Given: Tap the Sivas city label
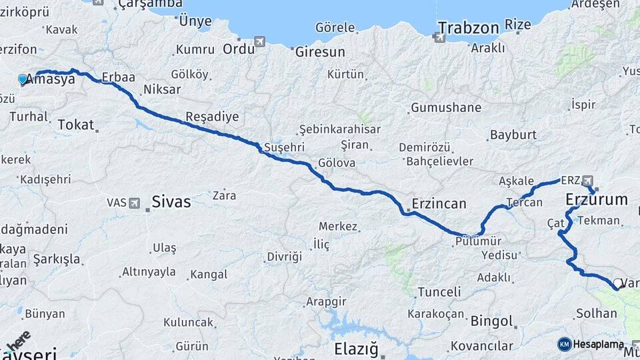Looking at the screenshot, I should (171, 201).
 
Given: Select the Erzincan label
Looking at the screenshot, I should (439, 204).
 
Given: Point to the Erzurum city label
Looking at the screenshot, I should (596, 199).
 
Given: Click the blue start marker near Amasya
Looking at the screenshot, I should (23, 80).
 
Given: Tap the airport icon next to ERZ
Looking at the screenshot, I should (587, 180).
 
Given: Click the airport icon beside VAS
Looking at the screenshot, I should (135, 203).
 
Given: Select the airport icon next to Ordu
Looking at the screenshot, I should (259, 42).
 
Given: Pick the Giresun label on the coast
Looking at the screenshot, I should (320, 51).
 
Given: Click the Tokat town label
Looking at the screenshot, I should (76, 125).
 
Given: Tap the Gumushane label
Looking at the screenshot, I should (446, 107).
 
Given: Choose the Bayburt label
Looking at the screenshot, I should (513, 135).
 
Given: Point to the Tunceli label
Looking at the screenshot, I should (439, 292).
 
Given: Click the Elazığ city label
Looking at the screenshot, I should (356, 349).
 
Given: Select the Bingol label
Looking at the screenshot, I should (492, 321).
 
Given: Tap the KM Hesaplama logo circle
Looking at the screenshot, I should (564, 344).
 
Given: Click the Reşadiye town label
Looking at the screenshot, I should (211, 117).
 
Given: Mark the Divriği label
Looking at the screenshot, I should (284, 257).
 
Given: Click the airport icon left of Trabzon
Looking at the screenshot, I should (439, 37).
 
